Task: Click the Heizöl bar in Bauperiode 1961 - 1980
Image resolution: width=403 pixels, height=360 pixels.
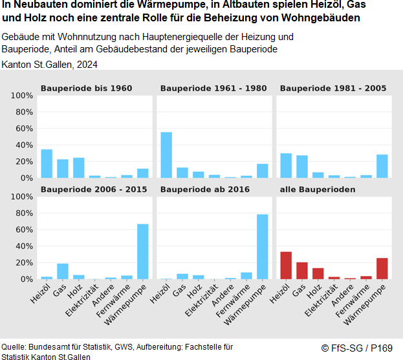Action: click(166, 155)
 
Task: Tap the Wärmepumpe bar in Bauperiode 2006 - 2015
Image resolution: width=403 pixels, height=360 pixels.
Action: click(143, 251)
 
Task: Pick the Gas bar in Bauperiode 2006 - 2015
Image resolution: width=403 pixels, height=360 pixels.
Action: click(63, 271)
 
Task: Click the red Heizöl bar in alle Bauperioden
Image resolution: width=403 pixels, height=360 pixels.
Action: click(286, 266)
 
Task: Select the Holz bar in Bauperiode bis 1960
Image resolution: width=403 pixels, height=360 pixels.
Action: click(79, 168)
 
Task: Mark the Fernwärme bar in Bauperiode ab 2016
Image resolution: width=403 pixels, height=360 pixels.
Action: click(246, 276)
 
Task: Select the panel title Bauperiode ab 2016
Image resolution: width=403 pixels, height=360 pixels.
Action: click(204, 189)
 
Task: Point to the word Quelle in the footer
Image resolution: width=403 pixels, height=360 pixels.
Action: click(13, 347)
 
